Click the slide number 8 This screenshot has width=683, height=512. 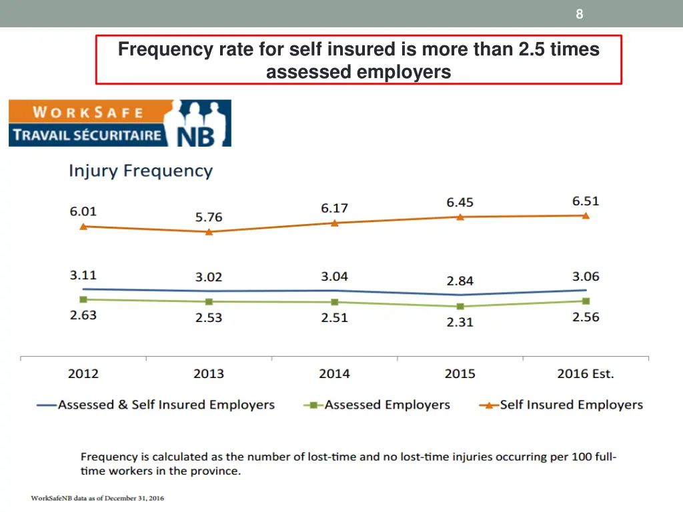[x=579, y=14]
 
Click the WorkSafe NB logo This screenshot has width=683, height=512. [x=120, y=123]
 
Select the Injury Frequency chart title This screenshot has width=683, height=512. [x=140, y=171]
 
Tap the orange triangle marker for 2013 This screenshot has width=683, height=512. [x=209, y=232]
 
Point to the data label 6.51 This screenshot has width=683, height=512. [x=585, y=201]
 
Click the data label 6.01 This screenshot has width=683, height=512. [x=83, y=211]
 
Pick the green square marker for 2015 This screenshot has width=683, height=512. [x=460, y=307]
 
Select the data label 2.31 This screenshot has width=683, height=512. [x=460, y=322]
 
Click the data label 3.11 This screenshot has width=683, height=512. [x=83, y=275]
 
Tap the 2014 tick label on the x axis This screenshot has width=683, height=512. [x=334, y=373]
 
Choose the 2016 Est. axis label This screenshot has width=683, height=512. [x=585, y=373]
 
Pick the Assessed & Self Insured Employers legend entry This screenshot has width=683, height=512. [x=156, y=405]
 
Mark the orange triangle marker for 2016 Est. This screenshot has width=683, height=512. [x=586, y=215]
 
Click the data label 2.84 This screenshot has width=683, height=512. [x=460, y=281]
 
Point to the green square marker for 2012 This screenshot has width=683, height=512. [x=83, y=299]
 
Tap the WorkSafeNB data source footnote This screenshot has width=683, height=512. [x=97, y=498]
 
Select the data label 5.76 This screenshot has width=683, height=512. [x=209, y=217]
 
